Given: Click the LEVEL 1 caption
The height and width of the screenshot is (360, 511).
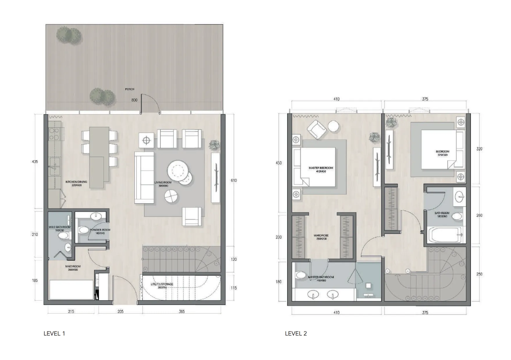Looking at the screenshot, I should point(54,333).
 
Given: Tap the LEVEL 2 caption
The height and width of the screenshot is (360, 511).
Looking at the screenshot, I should point(296,333).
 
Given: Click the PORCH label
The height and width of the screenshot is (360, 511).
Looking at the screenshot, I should point(130,89).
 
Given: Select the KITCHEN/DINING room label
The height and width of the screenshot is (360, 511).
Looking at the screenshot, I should point(76,183).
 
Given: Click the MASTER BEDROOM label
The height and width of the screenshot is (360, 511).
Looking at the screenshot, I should point(321,170).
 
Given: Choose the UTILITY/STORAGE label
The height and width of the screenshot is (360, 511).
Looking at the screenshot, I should point(162,285).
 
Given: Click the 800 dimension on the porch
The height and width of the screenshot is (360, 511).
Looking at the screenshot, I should point(134,100).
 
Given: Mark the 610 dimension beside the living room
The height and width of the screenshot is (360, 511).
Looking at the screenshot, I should point(234,181).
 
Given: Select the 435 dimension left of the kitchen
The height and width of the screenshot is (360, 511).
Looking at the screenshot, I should point(35,162).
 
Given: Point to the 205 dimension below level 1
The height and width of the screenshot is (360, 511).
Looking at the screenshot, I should point(120,311).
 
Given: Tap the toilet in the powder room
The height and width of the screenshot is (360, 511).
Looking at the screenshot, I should point(84,230).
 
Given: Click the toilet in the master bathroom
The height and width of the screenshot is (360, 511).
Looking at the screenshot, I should point(299,275).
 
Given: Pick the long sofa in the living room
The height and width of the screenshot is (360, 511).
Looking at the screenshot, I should point(144,177).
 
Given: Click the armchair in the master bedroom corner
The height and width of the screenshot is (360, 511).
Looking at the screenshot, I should point(317,129).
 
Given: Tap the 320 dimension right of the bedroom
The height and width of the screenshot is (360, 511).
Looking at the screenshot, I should point(479,149).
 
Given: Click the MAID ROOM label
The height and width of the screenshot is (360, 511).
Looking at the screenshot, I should point(73,268).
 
